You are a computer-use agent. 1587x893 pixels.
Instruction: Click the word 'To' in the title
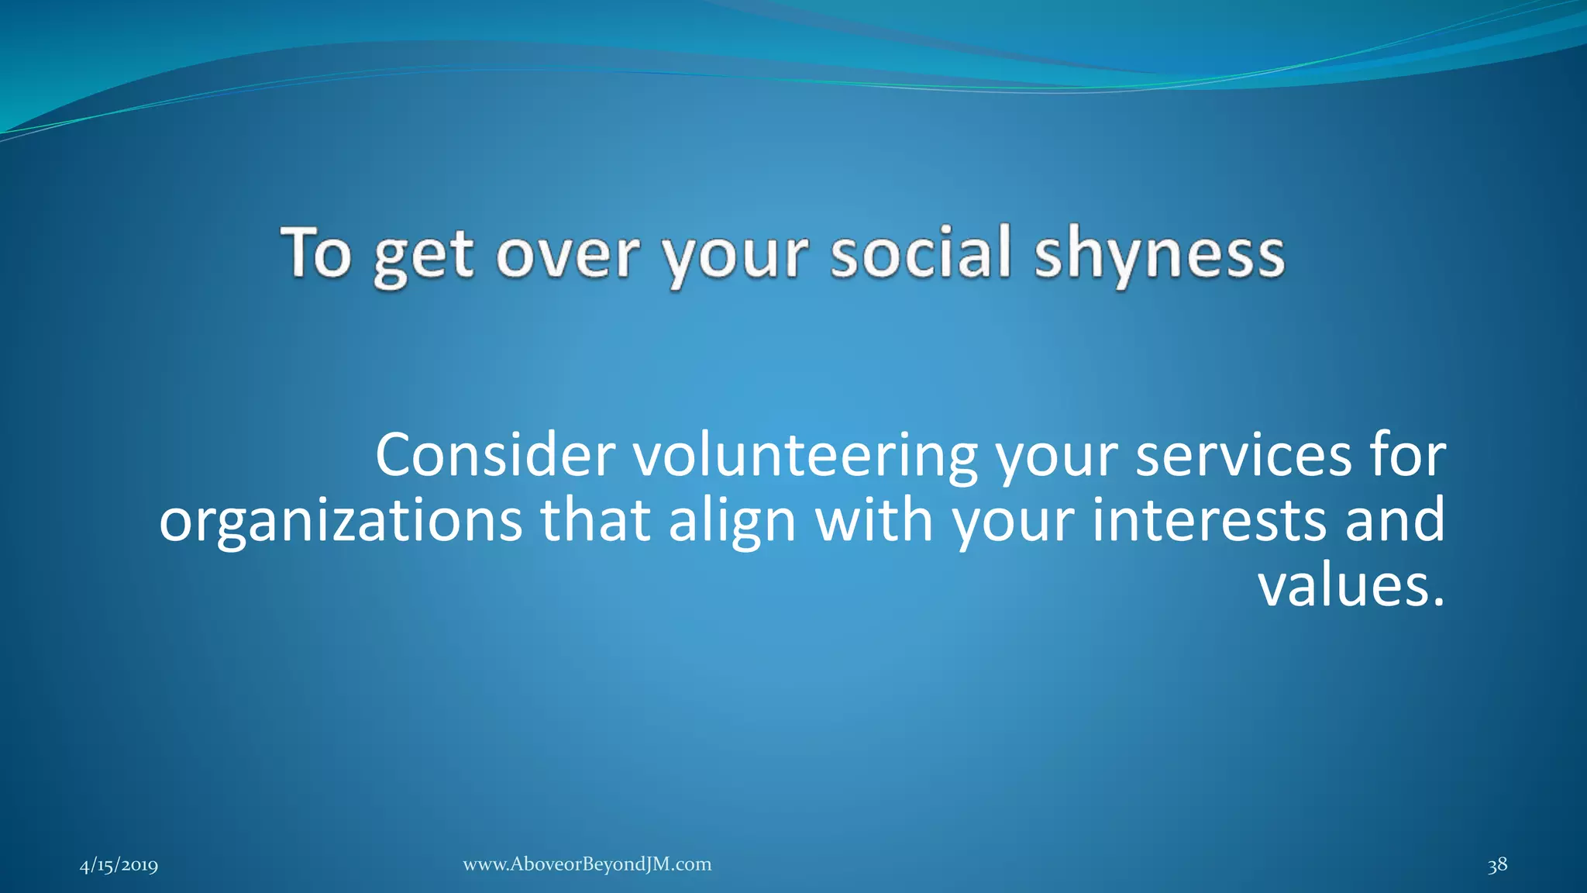(316, 253)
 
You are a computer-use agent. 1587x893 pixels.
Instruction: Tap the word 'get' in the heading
(423, 256)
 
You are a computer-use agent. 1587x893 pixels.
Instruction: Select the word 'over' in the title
(568, 254)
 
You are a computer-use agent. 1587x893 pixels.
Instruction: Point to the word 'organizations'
(341, 522)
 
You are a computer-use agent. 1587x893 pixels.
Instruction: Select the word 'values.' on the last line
(1351, 585)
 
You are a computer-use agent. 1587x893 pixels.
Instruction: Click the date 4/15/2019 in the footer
(119, 865)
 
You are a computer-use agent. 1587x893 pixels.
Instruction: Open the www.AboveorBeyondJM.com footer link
(587, 864)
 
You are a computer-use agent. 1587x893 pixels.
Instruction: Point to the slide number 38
(1497, 865)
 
